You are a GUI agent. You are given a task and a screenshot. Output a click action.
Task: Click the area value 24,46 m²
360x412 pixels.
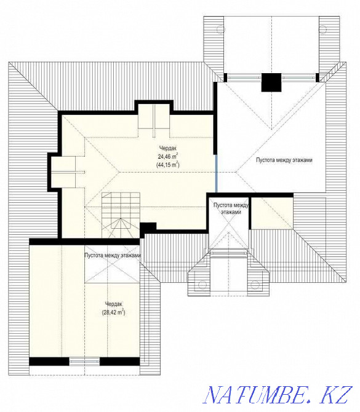(168, 156)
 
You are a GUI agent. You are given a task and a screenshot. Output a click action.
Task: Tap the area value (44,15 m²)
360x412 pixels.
(168, 165)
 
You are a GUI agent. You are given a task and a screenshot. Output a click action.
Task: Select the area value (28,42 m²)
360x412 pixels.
(113, 312)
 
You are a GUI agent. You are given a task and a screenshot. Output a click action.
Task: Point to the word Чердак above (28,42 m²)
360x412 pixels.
(114, 304)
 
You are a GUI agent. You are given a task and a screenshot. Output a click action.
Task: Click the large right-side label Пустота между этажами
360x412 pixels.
(284, 160)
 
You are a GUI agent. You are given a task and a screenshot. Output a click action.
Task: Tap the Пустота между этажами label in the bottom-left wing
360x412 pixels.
(113, 255)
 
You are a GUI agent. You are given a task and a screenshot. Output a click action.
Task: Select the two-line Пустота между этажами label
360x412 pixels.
(231, 208)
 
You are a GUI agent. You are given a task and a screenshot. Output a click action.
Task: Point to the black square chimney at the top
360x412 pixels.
(271, 82)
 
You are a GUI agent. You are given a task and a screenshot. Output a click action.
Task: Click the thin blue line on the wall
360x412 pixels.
(217, 173)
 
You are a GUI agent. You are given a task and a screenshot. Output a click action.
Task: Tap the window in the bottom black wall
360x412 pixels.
(84, 362)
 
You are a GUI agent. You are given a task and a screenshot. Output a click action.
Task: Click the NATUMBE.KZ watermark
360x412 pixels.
(278, 395)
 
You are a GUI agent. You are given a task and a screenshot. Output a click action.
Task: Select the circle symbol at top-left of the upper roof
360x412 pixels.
(221, 29)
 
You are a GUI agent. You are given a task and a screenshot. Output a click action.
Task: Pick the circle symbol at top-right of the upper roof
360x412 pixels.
(322, 29)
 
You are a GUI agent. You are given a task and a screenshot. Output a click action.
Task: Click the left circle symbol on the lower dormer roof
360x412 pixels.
(202, 285)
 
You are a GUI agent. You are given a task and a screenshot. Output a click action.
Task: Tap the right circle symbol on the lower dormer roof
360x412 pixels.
(255, 284)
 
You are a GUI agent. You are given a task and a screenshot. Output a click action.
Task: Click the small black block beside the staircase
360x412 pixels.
(148, 227)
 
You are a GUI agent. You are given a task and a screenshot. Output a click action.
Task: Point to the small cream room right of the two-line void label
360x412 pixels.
(272, 213)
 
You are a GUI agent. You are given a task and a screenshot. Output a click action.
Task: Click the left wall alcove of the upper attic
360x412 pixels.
(63, 172)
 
